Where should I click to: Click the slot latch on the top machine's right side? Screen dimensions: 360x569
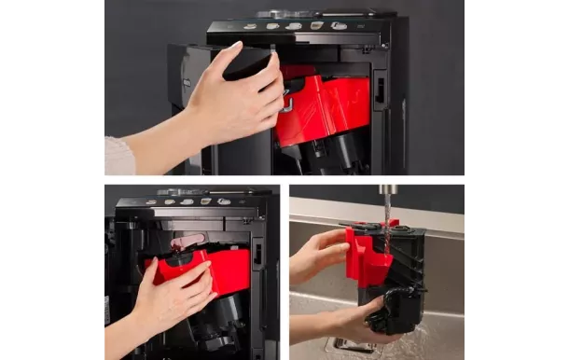pyautogui.click(x=379, y=90)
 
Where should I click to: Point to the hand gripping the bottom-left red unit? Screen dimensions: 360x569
pyautogui.click(x=173, y=298)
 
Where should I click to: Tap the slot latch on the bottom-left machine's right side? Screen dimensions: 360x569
pyautogui.click(x=257, y=254)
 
